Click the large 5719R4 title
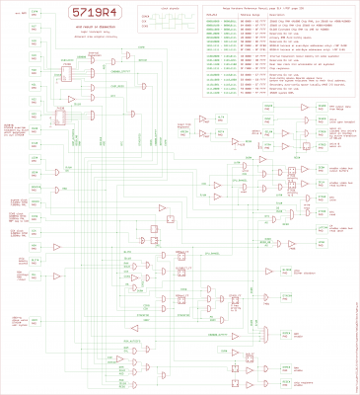[94, 15]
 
